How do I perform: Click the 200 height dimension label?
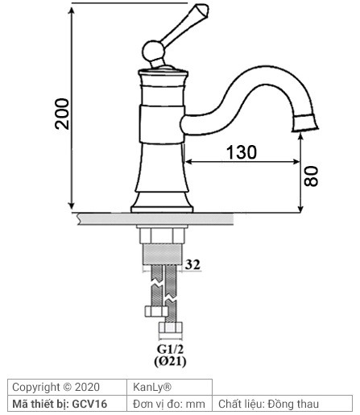coord(61,116)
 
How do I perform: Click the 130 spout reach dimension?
coord(241,152)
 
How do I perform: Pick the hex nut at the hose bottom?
coord(169,331)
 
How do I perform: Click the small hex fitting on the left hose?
coord(153,311)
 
